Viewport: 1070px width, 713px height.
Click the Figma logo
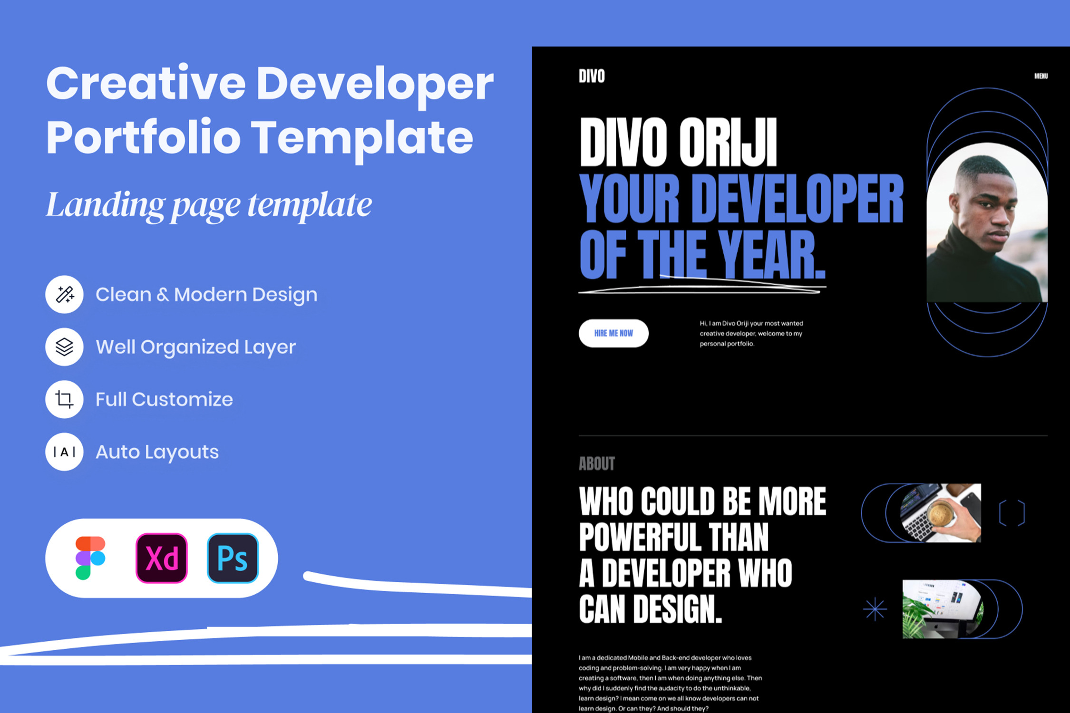pyautogui.click(x=90, y=558)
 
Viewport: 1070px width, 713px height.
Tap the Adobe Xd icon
pyautogui.click(x=162, y=558)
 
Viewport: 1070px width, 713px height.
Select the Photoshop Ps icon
pyautogui.click(x=233, y=558)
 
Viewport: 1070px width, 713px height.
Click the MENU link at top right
pyautogui.click(x=1041, y=76)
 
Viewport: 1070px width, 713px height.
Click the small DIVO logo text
pyautogui.click(x=592, y=76)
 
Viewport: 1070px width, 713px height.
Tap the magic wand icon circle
pyautogui.click(x=64, y=294)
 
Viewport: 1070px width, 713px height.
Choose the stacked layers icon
pyautogui.click(x=64, y=347)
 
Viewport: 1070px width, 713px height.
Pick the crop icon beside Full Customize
pyautogui.click(x=64, y=399)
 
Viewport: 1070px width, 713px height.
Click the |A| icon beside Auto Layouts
pyautogui.click(x=64, y=452)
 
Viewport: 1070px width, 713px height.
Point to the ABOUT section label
pyautogui.click(x=597, y=463)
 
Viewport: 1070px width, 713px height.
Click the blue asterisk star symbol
pyautogui.click(x=875, y=609)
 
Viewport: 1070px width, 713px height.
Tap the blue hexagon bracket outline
pyautogui.click(x=1012, y=513)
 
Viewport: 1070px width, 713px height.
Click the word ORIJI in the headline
pyautogui.click(x=728, y=142)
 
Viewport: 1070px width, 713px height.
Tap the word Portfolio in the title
pyautogui.click(x=144, y=138)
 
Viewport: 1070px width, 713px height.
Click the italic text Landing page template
pyautogui.click(x=209, y=205)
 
